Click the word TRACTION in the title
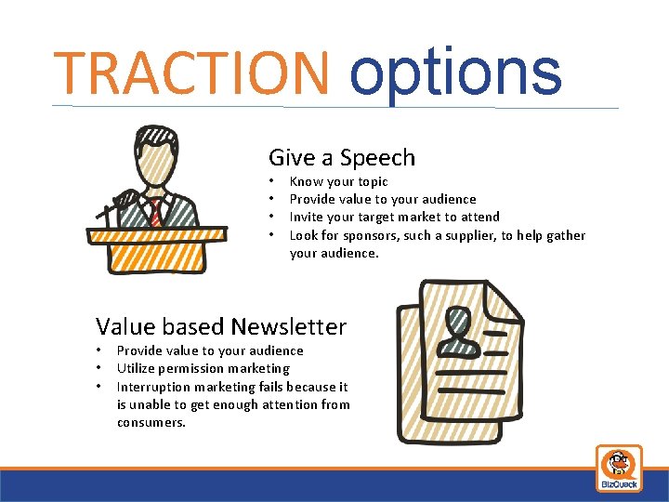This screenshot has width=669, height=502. pos(190,73)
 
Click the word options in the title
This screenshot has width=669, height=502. pos(455,73)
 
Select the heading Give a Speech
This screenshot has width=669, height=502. pos(341,157)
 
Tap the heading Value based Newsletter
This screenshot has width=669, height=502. pos(221,326)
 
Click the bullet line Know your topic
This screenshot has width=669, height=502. pos(338,181)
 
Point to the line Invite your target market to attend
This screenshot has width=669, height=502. pos(394,217)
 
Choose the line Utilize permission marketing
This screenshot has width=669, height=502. pos(203,368)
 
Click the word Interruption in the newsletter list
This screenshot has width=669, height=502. pos(153,387)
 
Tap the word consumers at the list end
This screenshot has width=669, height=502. pos(151,422)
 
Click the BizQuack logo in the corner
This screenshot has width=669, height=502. pos(618,468)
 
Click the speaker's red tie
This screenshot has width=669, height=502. pos(156,210)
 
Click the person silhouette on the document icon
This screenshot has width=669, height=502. pos(458,331)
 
